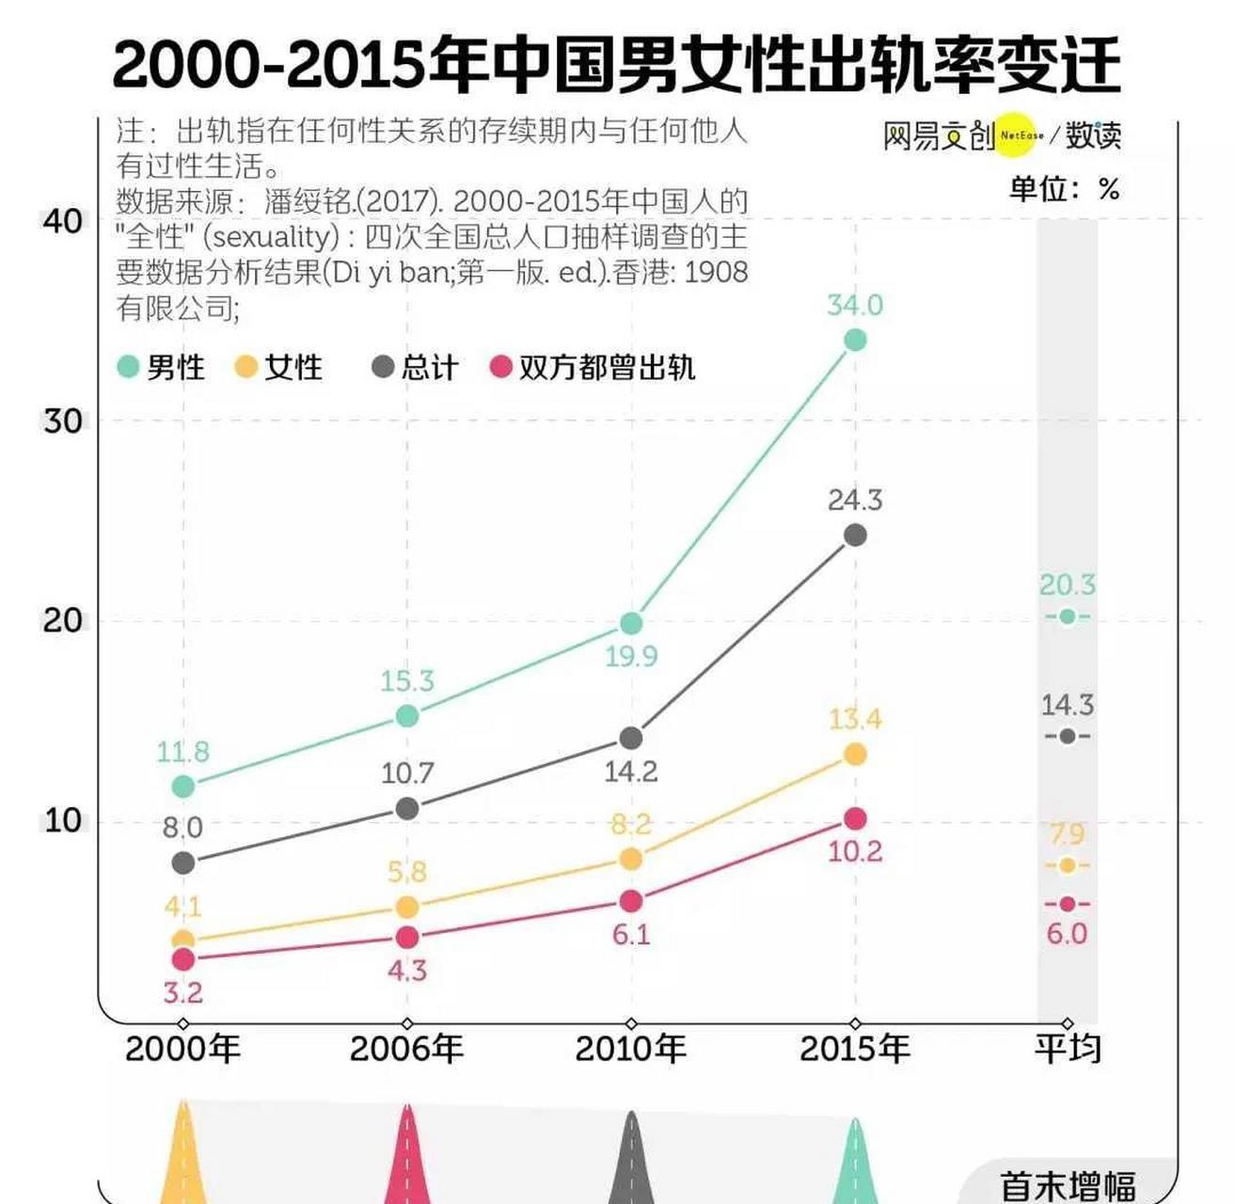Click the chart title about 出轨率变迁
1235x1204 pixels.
(x=616, y=64)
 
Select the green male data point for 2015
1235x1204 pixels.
(x=854, y=340)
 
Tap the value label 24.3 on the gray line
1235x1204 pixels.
(x=854, y=499)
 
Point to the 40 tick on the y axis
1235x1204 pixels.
(x=63, y=221)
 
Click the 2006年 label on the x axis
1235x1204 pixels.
(x=406, y=1048)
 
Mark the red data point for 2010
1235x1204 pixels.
(x=631, y=901)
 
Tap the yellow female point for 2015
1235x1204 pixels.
(x=854, y=754)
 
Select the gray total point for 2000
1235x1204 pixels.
(x=183, y=863)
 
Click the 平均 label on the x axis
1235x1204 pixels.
(x=1067, y=1048)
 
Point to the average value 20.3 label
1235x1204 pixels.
(x=1067, y=585)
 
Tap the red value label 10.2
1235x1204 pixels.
(x=854, y=851)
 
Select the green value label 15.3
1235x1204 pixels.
(x=406, y=681)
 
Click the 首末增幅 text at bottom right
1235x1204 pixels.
(x=1067, y=1184)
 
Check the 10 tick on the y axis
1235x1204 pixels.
(x=63, y=820)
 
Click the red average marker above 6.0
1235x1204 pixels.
(x=1067, y=904)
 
